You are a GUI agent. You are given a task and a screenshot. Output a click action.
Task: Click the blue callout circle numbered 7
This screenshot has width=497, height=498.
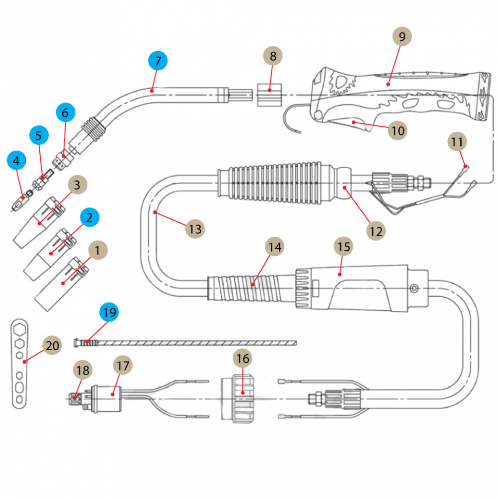coord(158,61)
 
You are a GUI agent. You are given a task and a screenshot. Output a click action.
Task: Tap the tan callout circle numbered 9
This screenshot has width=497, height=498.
coord(402,36)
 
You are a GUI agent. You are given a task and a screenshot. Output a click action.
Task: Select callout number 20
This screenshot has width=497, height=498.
coord(51,345)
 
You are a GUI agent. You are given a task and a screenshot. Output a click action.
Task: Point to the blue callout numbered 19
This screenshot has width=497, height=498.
coord(109,312)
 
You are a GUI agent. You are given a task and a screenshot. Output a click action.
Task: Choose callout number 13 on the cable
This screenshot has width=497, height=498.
coord(195,229)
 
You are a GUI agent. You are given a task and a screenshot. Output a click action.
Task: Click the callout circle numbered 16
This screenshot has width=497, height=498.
coord(243,358)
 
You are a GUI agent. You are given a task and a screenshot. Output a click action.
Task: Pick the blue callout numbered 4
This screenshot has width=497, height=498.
coord(16,161)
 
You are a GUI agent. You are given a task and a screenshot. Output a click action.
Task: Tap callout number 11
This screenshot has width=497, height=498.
coord(457,142)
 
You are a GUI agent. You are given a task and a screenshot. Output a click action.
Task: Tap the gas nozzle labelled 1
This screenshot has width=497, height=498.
coord(62,283)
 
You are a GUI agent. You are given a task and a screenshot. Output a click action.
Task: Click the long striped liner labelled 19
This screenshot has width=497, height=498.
coord(189,342)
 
